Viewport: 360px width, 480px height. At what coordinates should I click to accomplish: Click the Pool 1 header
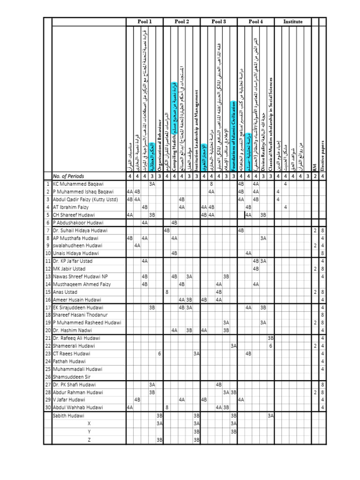(144, 22)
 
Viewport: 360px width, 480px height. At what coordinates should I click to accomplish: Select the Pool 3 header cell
(219, 22)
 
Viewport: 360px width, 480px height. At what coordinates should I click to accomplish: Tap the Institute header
(292, 22)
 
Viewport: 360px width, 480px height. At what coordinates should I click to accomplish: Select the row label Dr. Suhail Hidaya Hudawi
(80, 231)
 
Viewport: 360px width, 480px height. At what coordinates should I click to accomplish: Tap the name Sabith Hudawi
(68, 415)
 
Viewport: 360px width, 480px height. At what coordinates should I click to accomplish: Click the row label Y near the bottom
(89, 431)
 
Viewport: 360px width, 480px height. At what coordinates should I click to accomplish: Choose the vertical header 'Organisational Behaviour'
(159, 141)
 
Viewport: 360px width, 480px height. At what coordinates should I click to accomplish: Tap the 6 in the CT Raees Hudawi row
(159, 353)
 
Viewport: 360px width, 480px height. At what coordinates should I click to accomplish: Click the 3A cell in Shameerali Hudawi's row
(233, 346)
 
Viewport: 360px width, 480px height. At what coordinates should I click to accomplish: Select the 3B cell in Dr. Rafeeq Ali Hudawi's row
(270, 338)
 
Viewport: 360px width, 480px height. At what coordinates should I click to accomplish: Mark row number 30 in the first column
(47, 407)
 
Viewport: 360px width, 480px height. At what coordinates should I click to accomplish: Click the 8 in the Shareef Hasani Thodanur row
(322, 315)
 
